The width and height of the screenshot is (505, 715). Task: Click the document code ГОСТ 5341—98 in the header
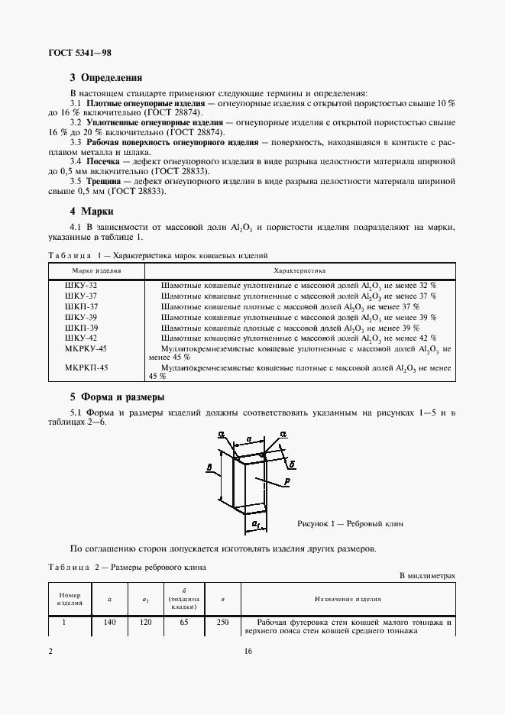[x=80, y=53]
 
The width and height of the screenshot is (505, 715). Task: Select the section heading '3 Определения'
[x=105, y=78]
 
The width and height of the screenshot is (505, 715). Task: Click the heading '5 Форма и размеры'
[x=117, y=397]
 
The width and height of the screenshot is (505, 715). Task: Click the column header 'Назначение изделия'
[x=348, y=600]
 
